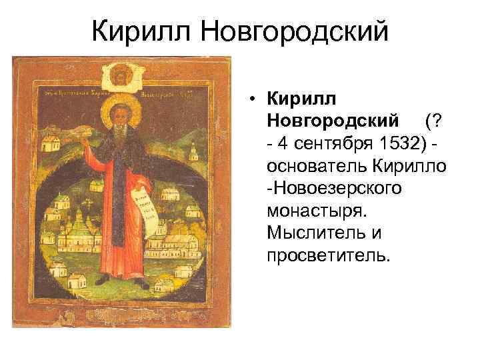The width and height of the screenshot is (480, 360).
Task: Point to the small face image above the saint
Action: click(121, 73)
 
